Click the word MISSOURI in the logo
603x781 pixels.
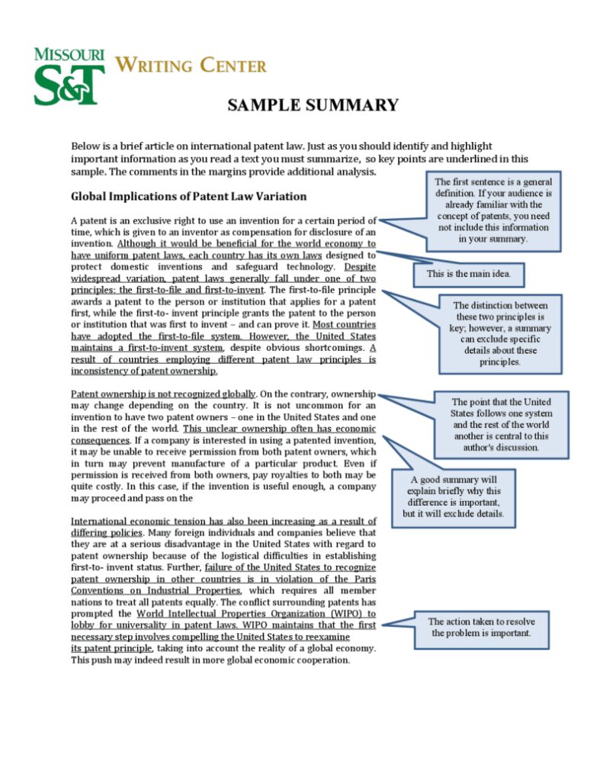pos(69,54)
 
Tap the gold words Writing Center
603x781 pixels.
pos(191,66)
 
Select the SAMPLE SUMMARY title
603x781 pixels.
pos(313,105)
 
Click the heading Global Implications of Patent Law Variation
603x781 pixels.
pos(188,196)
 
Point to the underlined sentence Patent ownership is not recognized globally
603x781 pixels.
pos(164,394)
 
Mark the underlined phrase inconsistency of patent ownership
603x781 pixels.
pos(144,371)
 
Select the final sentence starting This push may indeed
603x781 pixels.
pos(210,660)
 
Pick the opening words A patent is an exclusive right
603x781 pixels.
pos(137,220)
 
